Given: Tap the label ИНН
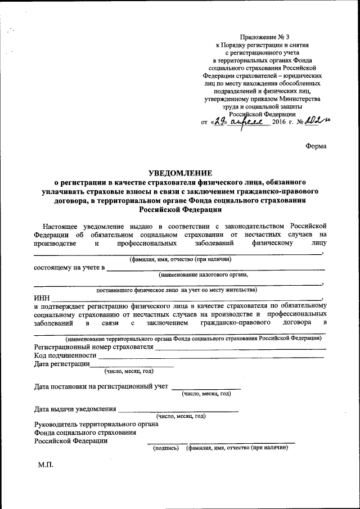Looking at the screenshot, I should click(42, 298).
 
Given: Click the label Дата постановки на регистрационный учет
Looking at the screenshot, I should click(101, 386).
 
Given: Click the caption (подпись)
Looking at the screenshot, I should click(166, 448).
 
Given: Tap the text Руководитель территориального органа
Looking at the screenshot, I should click(96, 424).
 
